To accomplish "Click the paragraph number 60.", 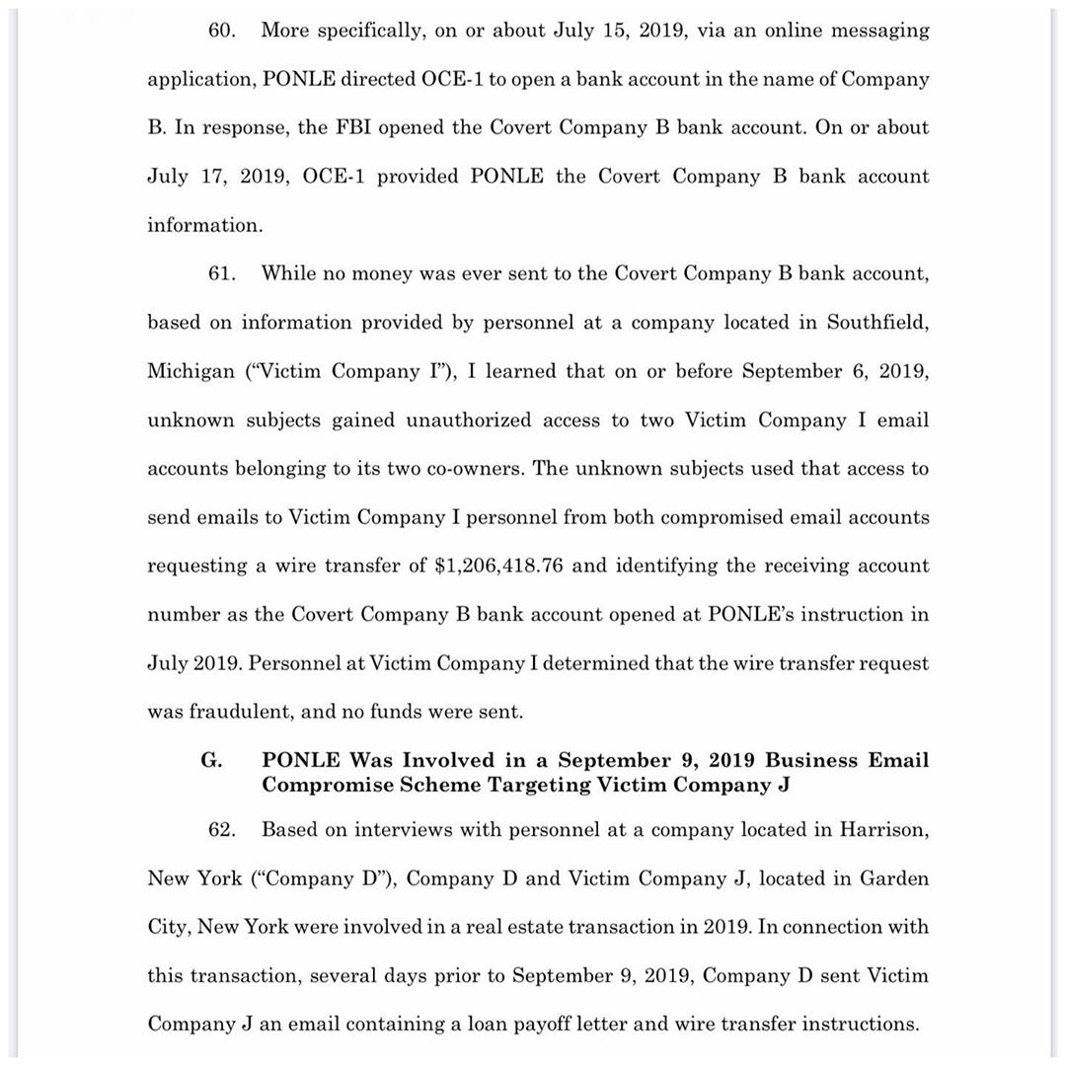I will tap(221, 31).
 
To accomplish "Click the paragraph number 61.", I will tap(221, 273).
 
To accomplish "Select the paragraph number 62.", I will tap(221, 830).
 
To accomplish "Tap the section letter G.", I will tap(210, 761).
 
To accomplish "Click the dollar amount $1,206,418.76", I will tap(500, 567).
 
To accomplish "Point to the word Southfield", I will tap(876, 323).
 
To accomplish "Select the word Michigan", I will tap(191, 372).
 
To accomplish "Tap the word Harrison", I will tap(883, 830).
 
